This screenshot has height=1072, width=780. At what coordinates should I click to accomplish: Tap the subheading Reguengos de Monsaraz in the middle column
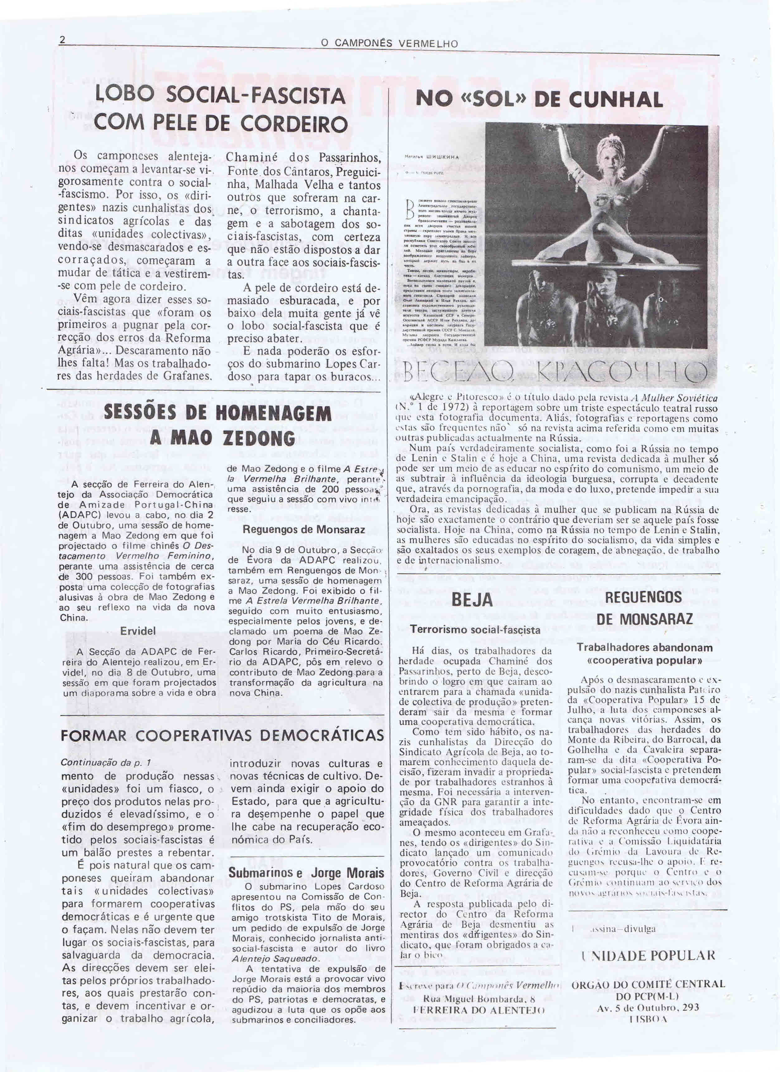coord(304,530)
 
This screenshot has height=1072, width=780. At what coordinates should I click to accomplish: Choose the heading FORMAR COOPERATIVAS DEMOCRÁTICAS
coord(222,735)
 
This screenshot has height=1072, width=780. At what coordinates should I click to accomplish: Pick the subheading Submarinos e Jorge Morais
coord(307,873)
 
